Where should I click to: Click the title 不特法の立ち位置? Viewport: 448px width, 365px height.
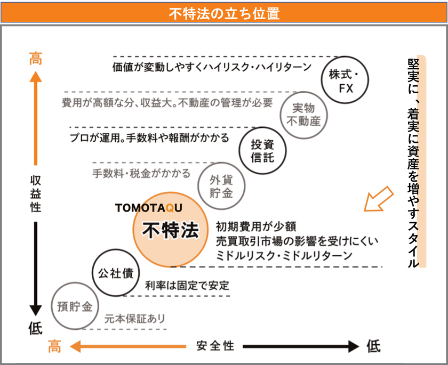coord(224,13)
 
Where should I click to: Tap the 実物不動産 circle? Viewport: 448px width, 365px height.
coord(303,115)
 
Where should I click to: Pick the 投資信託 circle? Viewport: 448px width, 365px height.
coord(262,150)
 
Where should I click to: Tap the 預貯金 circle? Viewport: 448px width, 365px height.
coord(75,306)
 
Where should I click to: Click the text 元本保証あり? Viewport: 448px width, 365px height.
coord(135,319)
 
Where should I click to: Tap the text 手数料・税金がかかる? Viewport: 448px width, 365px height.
coord(141,173)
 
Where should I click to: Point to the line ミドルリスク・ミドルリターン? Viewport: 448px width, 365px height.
coord(284,255)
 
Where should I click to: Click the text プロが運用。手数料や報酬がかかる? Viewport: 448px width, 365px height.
coord(149,138)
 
